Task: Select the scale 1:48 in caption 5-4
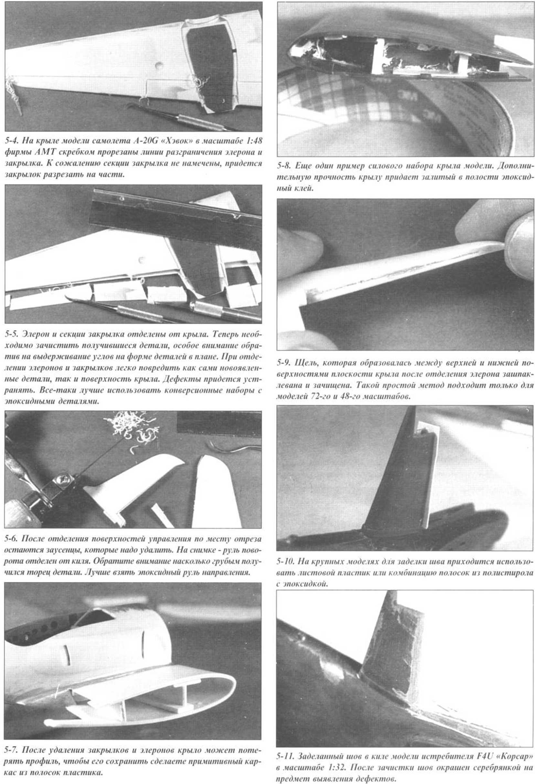(x=252, y=140)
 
